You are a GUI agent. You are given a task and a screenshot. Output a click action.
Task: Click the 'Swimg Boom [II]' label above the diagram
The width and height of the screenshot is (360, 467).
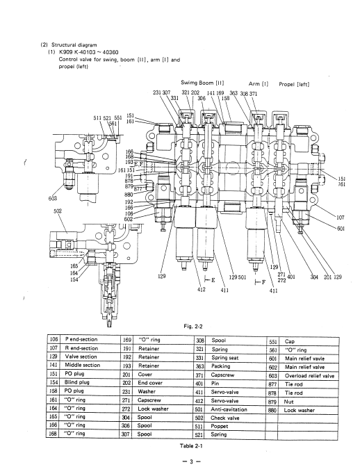(202, 83)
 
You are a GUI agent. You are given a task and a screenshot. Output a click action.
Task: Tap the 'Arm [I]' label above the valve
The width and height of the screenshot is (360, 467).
(258, 84)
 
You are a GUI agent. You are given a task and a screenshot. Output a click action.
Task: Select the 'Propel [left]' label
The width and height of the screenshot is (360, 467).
(294, 84)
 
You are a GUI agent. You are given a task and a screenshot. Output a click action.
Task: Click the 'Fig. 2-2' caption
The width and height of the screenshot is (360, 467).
(193, 327)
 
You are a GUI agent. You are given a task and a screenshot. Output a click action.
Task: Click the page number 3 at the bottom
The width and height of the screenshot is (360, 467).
(191, 461)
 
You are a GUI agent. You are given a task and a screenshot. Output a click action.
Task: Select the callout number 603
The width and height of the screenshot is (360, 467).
(52, 198)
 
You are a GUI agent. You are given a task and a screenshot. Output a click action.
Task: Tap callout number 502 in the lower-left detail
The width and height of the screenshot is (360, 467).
(58, 211)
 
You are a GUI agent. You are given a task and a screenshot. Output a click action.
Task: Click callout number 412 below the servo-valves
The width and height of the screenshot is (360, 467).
(202, 289)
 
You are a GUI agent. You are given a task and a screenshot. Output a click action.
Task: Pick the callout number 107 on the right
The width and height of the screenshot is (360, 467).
(341, 218)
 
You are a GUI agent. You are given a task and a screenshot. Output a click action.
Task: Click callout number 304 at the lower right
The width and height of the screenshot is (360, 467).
(314, 277)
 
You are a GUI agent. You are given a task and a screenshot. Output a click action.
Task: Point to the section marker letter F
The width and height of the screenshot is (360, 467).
(263, 282)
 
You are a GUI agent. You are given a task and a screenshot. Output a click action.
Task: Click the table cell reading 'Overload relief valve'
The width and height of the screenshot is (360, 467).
(309, 376)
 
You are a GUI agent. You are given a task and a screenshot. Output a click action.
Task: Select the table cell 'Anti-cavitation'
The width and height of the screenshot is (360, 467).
(229, 409)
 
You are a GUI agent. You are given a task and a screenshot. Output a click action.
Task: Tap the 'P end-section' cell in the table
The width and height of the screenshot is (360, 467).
(81, 339)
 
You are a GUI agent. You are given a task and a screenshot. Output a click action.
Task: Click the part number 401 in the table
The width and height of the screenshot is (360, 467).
(199, 384)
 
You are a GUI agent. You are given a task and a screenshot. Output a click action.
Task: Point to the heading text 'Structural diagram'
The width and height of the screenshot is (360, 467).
(74, 45)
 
